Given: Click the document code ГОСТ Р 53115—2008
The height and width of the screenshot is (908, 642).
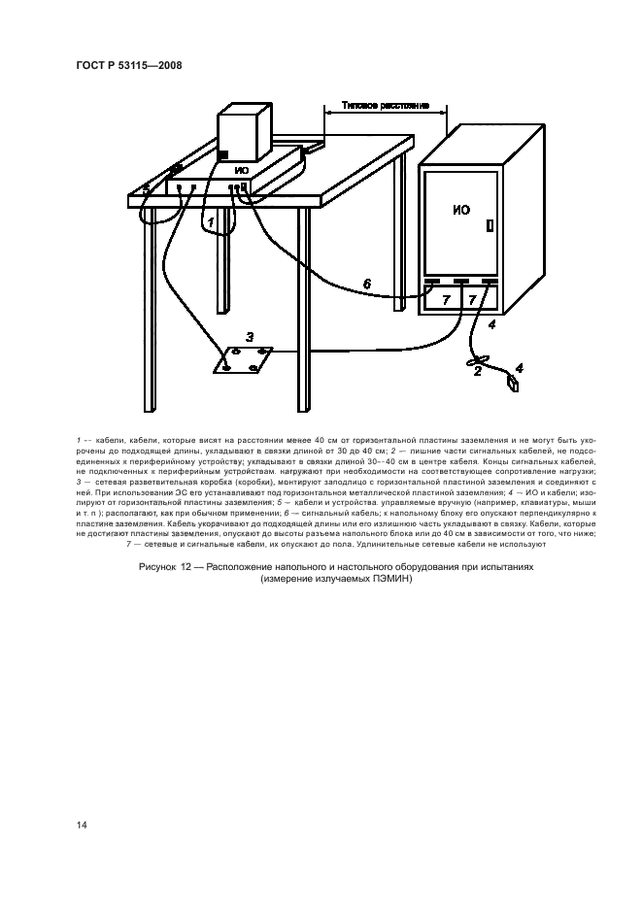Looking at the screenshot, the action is [129, 65].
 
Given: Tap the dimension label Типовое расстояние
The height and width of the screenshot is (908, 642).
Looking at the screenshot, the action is [385, 106].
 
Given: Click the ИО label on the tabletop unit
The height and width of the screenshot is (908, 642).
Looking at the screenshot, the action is [242, 170].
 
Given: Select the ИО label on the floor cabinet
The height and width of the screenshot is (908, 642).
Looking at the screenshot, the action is [461, 210].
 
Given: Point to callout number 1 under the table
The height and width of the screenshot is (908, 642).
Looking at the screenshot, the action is [212, 221].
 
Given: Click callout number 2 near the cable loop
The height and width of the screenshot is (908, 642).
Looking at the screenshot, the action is [478, 372].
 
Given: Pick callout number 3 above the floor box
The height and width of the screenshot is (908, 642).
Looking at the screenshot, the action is [250, 336].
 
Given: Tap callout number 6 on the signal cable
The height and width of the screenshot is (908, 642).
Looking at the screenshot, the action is [366, 284].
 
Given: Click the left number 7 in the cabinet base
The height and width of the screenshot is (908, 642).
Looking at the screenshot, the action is [445, 300].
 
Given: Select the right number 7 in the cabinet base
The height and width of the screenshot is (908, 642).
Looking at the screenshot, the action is [472, 300].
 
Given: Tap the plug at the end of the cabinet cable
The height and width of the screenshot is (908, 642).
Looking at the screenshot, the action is [513, 383].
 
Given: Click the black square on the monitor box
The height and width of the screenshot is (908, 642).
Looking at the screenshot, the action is [223, 155].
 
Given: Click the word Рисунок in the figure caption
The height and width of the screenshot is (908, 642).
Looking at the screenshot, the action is [157, 567].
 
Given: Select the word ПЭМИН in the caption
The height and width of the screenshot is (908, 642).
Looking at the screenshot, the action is [393, 578].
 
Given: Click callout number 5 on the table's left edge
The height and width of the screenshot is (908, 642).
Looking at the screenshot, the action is [146, 187].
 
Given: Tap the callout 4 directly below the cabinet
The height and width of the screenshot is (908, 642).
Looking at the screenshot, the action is [491, 325].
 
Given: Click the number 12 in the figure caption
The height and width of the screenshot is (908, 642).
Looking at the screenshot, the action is [186, 567].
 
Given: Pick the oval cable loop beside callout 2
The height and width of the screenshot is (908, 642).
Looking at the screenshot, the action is [478, 361].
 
